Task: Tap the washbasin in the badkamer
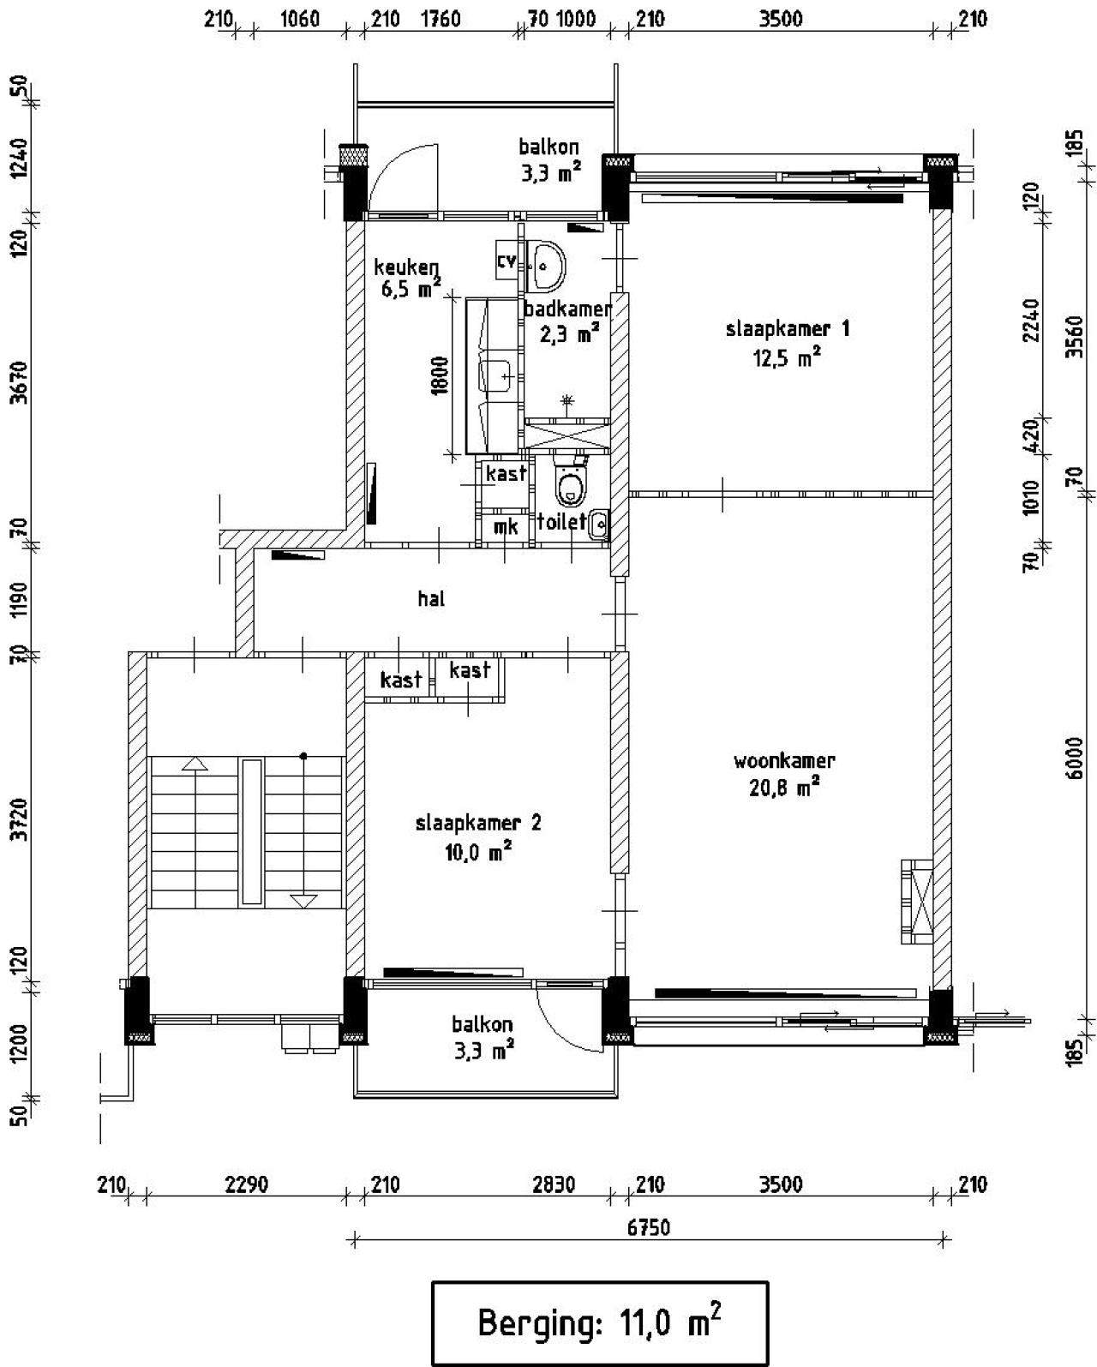546,265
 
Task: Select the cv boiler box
507,260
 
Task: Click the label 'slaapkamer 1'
787,329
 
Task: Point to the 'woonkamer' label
784,760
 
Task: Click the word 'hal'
431,598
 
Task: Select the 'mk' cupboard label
506,526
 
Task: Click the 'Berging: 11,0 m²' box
600,1324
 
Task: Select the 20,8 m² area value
784,789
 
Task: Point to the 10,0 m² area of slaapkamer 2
479,852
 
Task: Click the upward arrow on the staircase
195,764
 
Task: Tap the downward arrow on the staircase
303,901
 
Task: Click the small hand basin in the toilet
598,525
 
